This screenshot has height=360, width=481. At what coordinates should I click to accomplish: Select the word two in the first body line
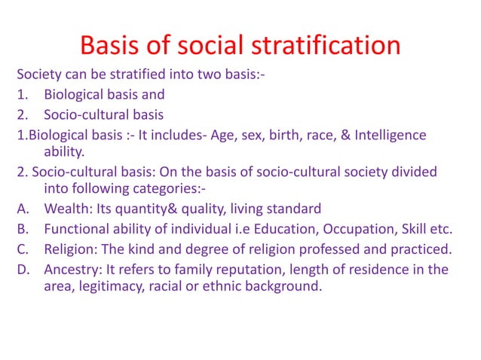click(x=193, y=76)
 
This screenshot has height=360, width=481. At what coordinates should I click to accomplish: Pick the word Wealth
click(x=67, y=209)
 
